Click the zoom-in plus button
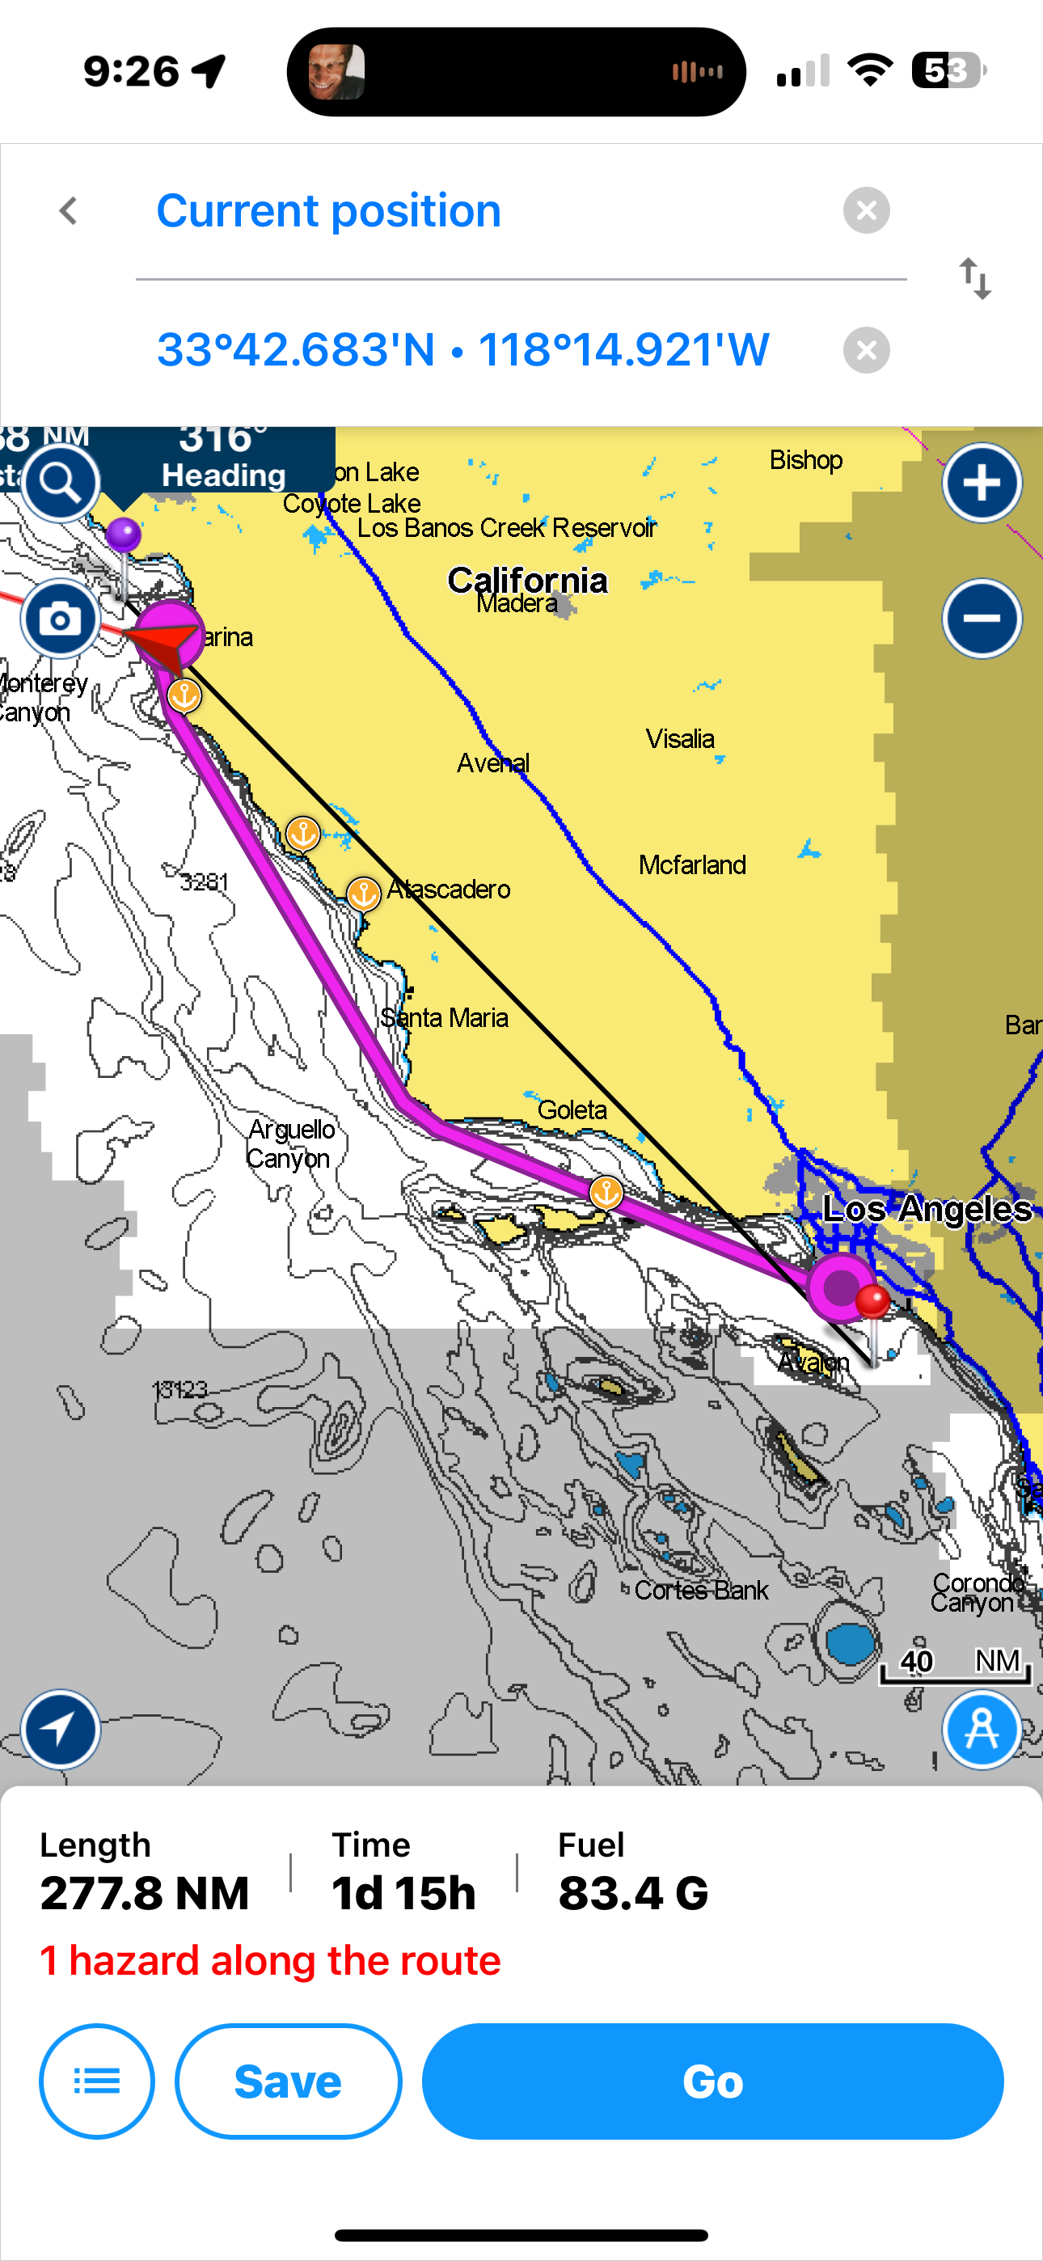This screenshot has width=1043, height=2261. tap(982, 482)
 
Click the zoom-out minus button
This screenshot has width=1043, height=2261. tap(982, 618)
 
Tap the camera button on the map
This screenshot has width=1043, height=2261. tap(60, 619)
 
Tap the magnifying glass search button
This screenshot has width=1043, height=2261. tap(60, 482)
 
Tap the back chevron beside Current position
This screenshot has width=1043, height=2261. tap(69, 210)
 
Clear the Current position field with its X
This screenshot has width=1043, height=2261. tap(866, 210)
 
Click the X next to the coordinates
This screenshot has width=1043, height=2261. tap(866, 350)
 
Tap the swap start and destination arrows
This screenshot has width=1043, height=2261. tap(974, 279)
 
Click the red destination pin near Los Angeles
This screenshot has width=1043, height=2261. tap(872, 1302)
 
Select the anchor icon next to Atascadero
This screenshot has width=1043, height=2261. tap(364, 894)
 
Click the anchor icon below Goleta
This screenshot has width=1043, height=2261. tap(606, 1192)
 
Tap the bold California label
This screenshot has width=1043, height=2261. tap(527, 580)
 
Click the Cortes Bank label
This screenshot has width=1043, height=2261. tap(701, 1591)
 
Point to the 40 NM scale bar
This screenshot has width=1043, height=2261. tap(955, 1667)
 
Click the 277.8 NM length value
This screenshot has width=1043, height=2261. tap(145, 1892)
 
